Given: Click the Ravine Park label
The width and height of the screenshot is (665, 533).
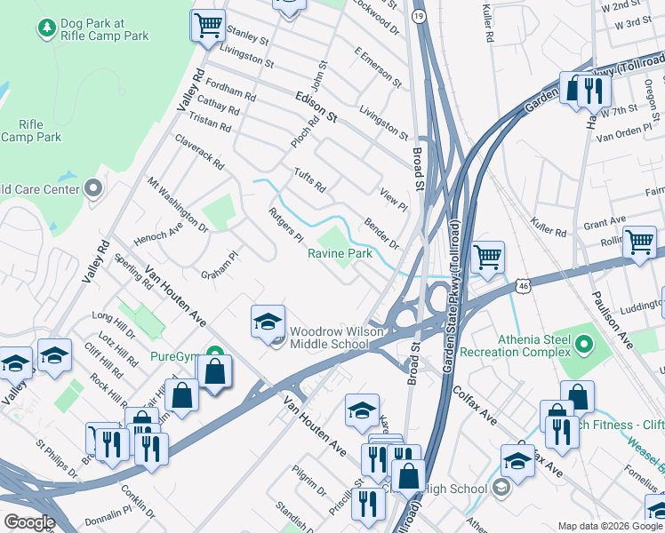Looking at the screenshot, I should click(x=340, y=254).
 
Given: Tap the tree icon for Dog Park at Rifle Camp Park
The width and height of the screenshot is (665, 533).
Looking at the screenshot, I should click(x=47, y=28).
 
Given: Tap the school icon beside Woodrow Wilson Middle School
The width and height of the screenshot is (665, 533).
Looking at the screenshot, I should click(x=268, y=322).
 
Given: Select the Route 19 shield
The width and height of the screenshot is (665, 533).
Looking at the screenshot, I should click(x=419, y=16).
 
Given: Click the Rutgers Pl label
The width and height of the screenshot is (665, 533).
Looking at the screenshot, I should click(x=286, y=225).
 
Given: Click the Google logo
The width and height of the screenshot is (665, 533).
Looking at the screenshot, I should click(x=28, y=522).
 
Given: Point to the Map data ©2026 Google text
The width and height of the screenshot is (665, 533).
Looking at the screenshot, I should click(x=610, y=526).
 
